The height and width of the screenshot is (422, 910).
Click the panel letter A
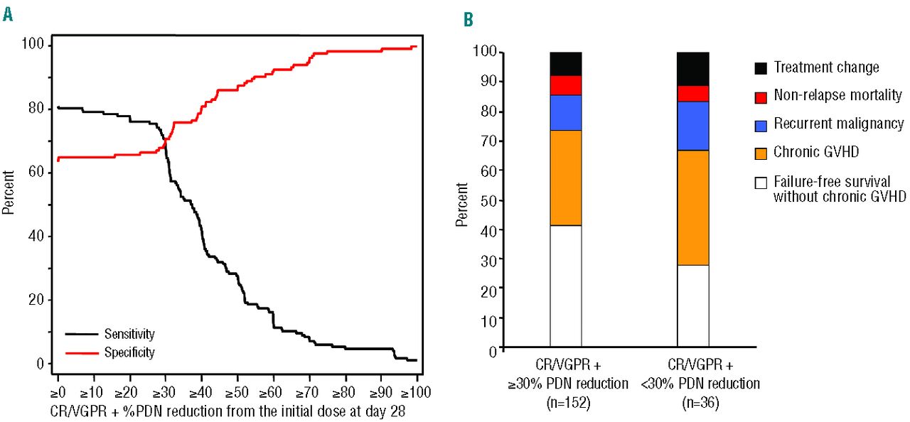pyautogui.click(x=8, y=15)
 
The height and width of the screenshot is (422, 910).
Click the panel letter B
pyautogui.click(x=469, y=20)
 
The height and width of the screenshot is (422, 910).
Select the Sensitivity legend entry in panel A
pyautogui.click(x=129, y=333)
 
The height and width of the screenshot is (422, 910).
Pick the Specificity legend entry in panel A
pyautogui.click(x=129, y=352)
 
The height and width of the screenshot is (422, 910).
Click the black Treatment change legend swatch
pyautogui.click(x=761, y=68)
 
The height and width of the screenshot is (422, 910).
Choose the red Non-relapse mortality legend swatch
pyautogui.click(x=761, y=97)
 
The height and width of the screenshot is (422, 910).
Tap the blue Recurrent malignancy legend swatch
pyautogui.click(x=761, y=125)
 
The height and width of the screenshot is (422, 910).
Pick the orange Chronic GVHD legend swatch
pyautogui.click(x=761, y=153)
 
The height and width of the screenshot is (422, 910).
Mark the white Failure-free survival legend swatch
pyautogui.click(x=761, y=183)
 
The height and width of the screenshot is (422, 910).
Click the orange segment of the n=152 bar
pyautogui.click(x=566, y=178)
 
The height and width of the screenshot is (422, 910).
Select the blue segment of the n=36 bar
pyautogui.click(x=693, y=126)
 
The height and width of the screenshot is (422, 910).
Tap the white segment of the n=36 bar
pyautogui.click(x=693, y=307)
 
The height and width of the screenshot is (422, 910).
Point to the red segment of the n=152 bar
pyautogui.click(x=566, y=85)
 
